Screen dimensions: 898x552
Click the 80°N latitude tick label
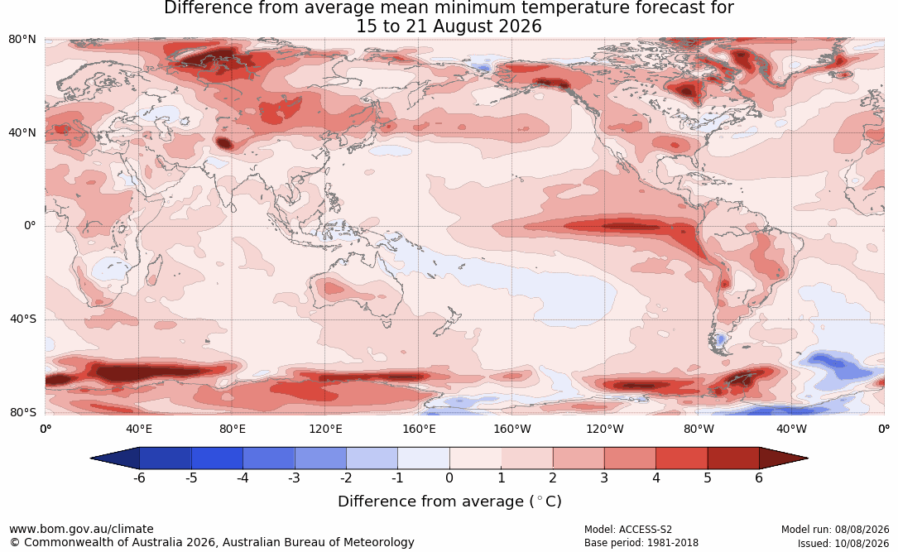22,40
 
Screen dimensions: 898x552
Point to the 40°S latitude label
23,319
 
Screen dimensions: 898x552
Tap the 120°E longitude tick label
325,429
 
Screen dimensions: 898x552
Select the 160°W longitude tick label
512,429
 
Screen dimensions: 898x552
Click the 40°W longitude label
791,429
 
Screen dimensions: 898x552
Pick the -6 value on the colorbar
139,478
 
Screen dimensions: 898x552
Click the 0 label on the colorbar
449,478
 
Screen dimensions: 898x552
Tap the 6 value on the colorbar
759,478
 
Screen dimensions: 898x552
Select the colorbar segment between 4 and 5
681,458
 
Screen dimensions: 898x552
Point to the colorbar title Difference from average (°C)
449,502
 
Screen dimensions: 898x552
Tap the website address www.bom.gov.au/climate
81,529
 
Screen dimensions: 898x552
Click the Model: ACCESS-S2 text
627,530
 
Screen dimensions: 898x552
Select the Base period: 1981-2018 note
641,543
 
